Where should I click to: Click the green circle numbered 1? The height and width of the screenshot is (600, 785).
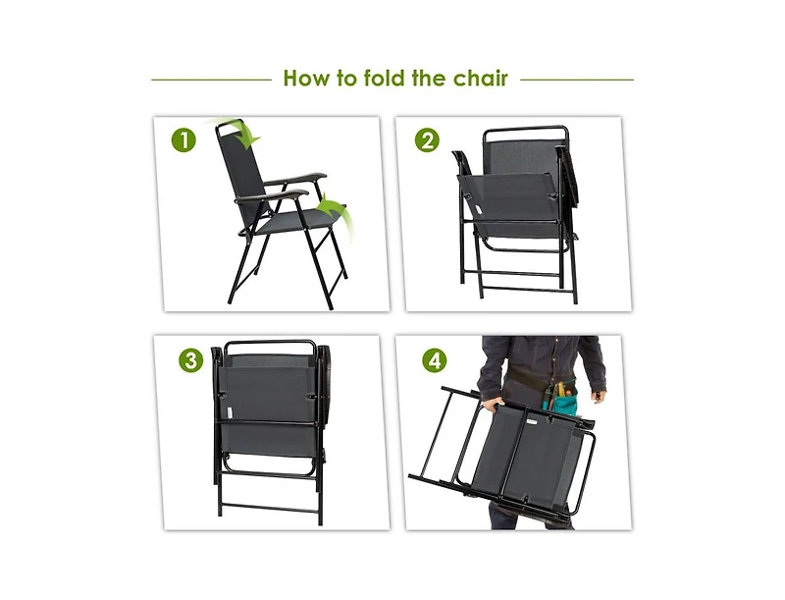pyautogui.click(x=183, y=140)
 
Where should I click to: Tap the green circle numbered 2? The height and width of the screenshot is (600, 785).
pyautogui.click(x=427, y=140)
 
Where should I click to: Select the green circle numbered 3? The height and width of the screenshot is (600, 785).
pyautogui.click(x=190, y=359)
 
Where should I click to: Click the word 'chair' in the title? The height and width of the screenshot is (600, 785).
pyautogui.click(x=480, y=79)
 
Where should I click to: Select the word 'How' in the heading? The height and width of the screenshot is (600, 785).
pyautogui.click(x=305, y=79)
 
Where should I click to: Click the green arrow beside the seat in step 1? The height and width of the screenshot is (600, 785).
pyautogui.click(x=336, y=209)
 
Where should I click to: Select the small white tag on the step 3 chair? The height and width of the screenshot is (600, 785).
pyautogui.click(x=229, y=413)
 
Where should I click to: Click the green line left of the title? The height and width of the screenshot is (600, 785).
pyautogui.click(x=210, y=80)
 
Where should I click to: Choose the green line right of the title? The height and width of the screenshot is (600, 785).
pyautogui.click(x=577, y=80)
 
